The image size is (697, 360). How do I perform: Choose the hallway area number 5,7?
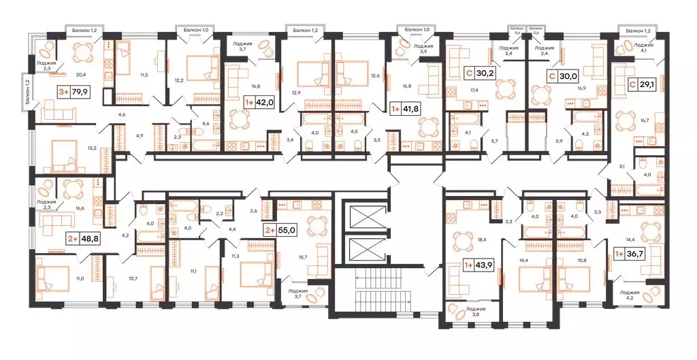[494, 141]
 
